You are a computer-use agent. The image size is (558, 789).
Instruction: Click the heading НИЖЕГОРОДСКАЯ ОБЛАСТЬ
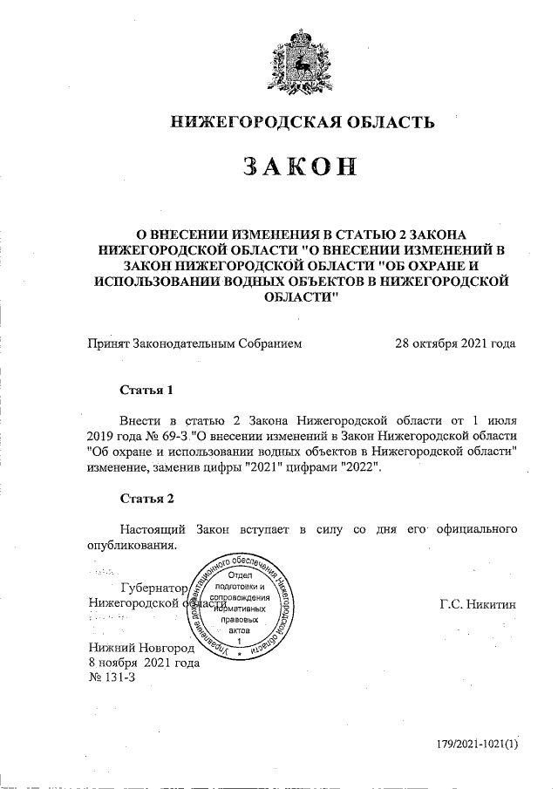[301, 122]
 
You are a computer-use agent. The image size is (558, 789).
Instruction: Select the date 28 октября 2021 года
[455, 343]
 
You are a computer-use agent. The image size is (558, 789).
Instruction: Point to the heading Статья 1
[146, 389]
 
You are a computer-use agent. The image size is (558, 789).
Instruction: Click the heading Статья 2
[146, 499]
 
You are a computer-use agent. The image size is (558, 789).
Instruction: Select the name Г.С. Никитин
[479, 603]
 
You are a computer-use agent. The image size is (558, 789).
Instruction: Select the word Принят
[108, 343]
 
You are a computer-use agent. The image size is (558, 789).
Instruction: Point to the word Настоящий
[153, 528]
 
